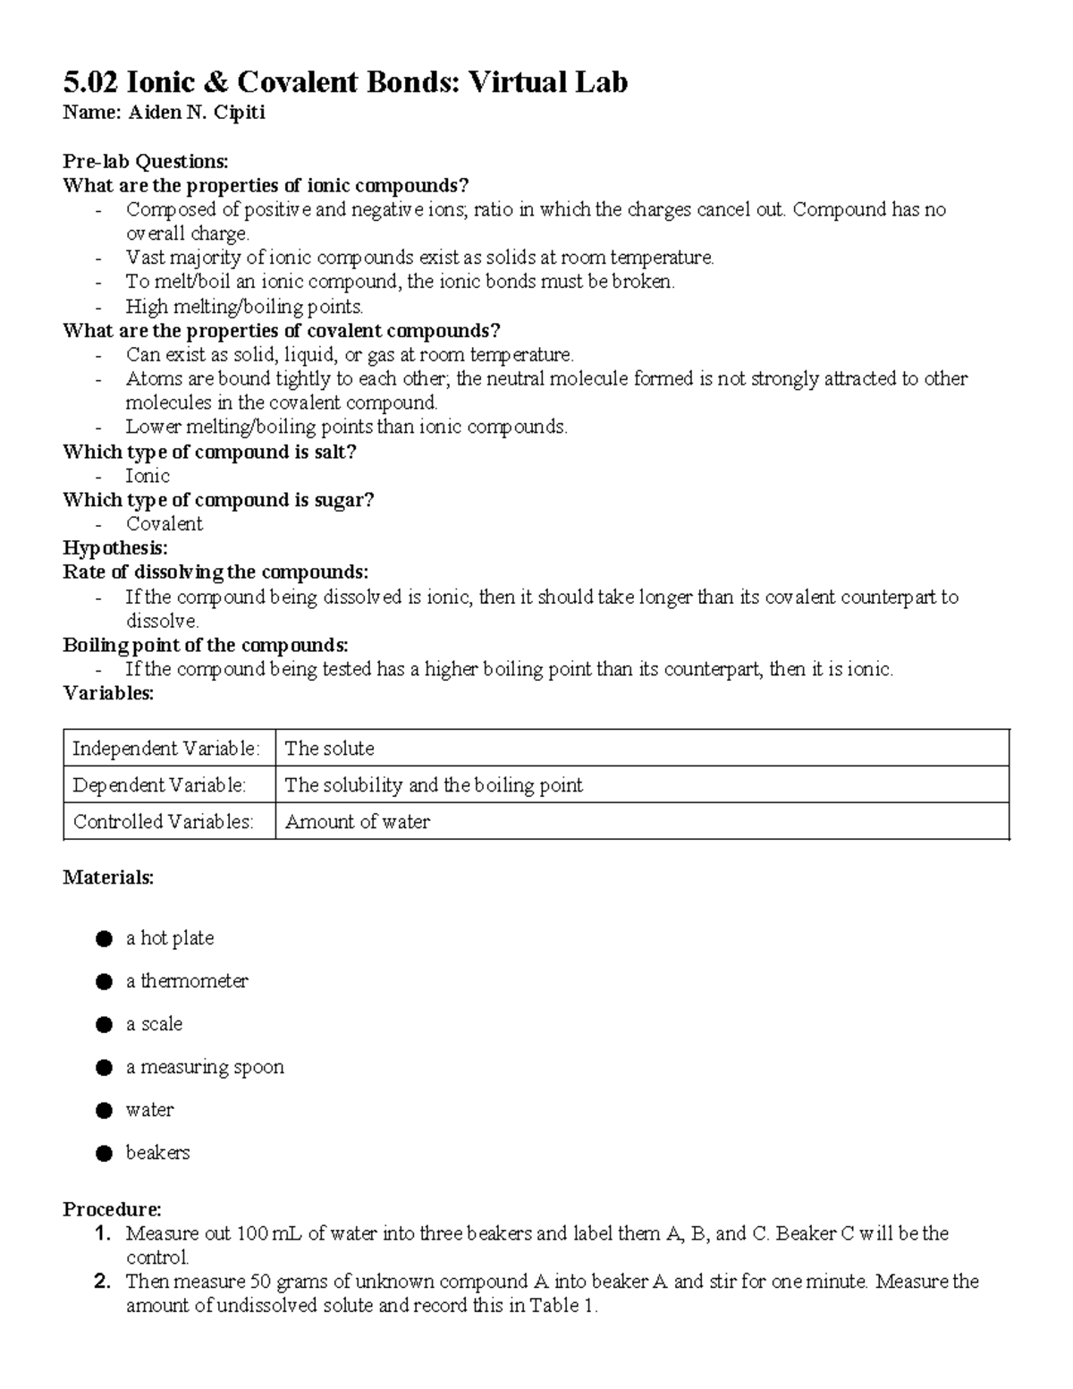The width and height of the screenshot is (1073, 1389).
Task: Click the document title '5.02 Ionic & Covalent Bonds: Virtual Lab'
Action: pyautogui.click(x=345, y=82)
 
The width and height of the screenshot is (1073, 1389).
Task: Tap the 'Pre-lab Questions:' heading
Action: pyautogui.click(x=145, y=161)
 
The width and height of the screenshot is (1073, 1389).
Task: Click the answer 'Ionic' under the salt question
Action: pyautogui.click(x=148, y=476)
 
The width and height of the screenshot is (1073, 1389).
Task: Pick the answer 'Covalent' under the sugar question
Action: pyautogui.click(x=165, y=524)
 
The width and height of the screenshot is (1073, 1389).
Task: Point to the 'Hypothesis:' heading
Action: pyautogui.click(x=114, y=547)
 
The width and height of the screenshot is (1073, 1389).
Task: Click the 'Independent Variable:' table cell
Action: pyautogui.click(x=166, y=749)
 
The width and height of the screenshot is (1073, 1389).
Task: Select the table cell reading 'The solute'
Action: pyautogui.click(x=329, y=749)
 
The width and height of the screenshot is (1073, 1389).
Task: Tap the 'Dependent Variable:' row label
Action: pyautogui.click(x=159, y=785)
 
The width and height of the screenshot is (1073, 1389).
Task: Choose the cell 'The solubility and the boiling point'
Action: pyautogui.click(x=433, y=785)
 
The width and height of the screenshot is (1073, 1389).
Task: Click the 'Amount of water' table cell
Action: pyautogui.click(x=357, y=822)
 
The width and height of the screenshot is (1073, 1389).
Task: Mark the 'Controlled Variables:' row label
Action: pyautogui.click(x=163, y=822)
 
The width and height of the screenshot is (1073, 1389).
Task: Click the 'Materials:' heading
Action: pyautogui.click(x=108, y=877)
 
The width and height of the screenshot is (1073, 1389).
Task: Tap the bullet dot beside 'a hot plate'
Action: pyautogui.click(x=105, y=938)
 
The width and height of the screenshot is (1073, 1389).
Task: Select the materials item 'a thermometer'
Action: pyautogui.click(x=187, y=981)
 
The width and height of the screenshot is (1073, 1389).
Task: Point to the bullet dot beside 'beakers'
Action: pyautogui.click(x=105, y=1153)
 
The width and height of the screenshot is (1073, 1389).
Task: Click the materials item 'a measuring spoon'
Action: pyautogui.click(x=205, y=1067)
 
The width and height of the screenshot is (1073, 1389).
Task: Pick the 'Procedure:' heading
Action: pyautogui.click(x=112, y=1209)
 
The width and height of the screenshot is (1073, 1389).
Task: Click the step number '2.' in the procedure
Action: pyautogui.click(x=102, y=1282)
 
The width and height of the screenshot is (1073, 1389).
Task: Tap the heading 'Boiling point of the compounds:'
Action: pyautogui.click(x=205, y=645)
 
